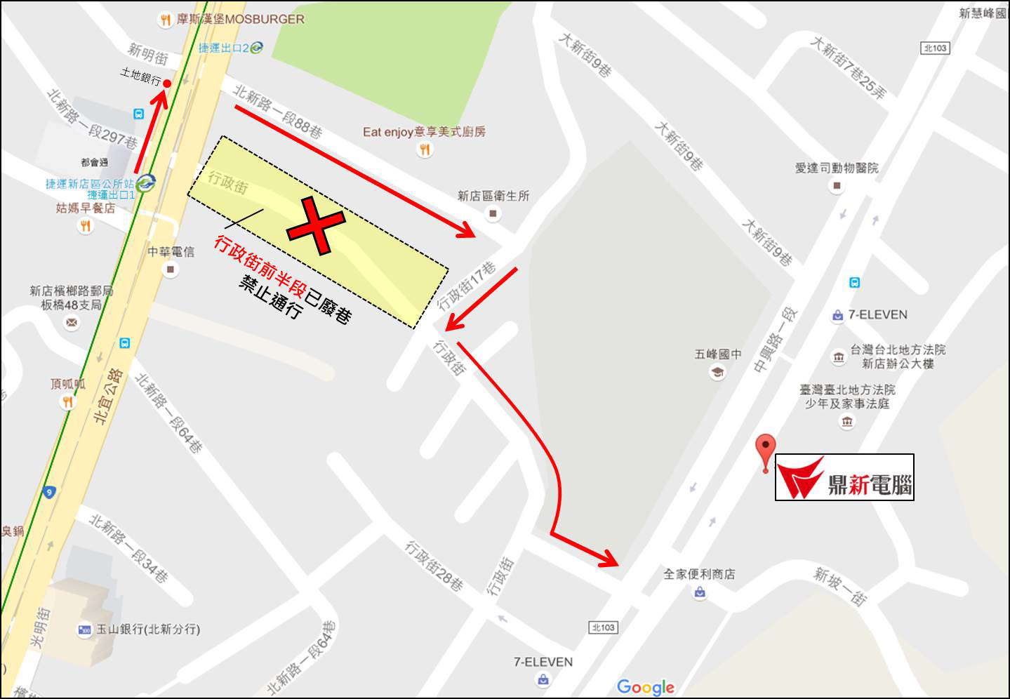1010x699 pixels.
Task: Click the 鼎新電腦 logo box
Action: pyautogui.click(x=844, y=477)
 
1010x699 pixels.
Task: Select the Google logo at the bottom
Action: pyautogui.click(x=645, y=687)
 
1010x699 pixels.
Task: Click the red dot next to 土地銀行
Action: pyautogui.click(x=167, y=84)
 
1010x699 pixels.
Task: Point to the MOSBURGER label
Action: pyautogui.click(x=240, y=19)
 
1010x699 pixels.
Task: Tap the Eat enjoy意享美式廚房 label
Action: pyautogui.click(x=424, y=132)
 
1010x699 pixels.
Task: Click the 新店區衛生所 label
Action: pyautogui.click(x=493, y=197)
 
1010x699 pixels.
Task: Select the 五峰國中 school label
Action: pyautogui.click(x=717, y=354)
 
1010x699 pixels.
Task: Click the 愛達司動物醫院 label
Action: pyautogui.click(x=836, y=168)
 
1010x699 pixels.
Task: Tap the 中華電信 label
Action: pyautogui.click(x=171, y=252)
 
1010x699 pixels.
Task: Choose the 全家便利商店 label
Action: pyautogui.click(x=699, y=575)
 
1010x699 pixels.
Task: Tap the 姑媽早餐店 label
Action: pyautogui.click(x=86, y=208)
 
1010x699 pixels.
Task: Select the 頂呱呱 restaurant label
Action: pyautogui.click(x=67, y=385)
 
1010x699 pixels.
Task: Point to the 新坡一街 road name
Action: pyautogui.click(x=839, y=585)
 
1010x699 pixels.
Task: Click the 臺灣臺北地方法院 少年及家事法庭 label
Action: pyautogui.click(x=847, y=397)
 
